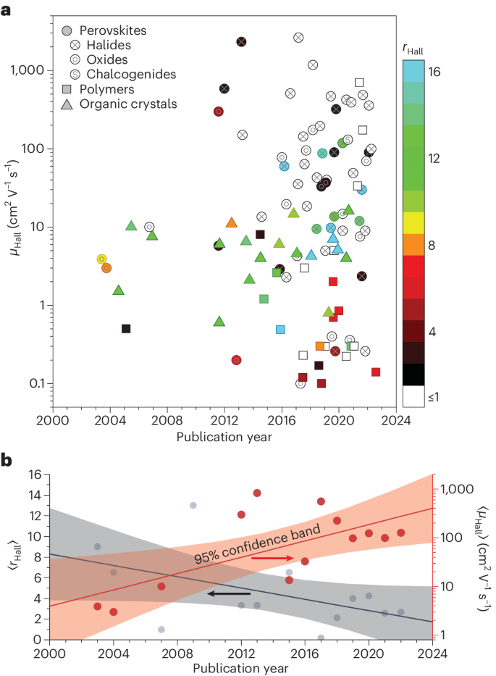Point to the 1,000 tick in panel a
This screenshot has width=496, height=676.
pos(27,70)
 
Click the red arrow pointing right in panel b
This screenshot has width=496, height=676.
pos(273,559)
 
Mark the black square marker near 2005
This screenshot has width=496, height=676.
pos(126,328)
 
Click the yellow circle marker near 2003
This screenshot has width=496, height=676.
pos(101,259)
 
